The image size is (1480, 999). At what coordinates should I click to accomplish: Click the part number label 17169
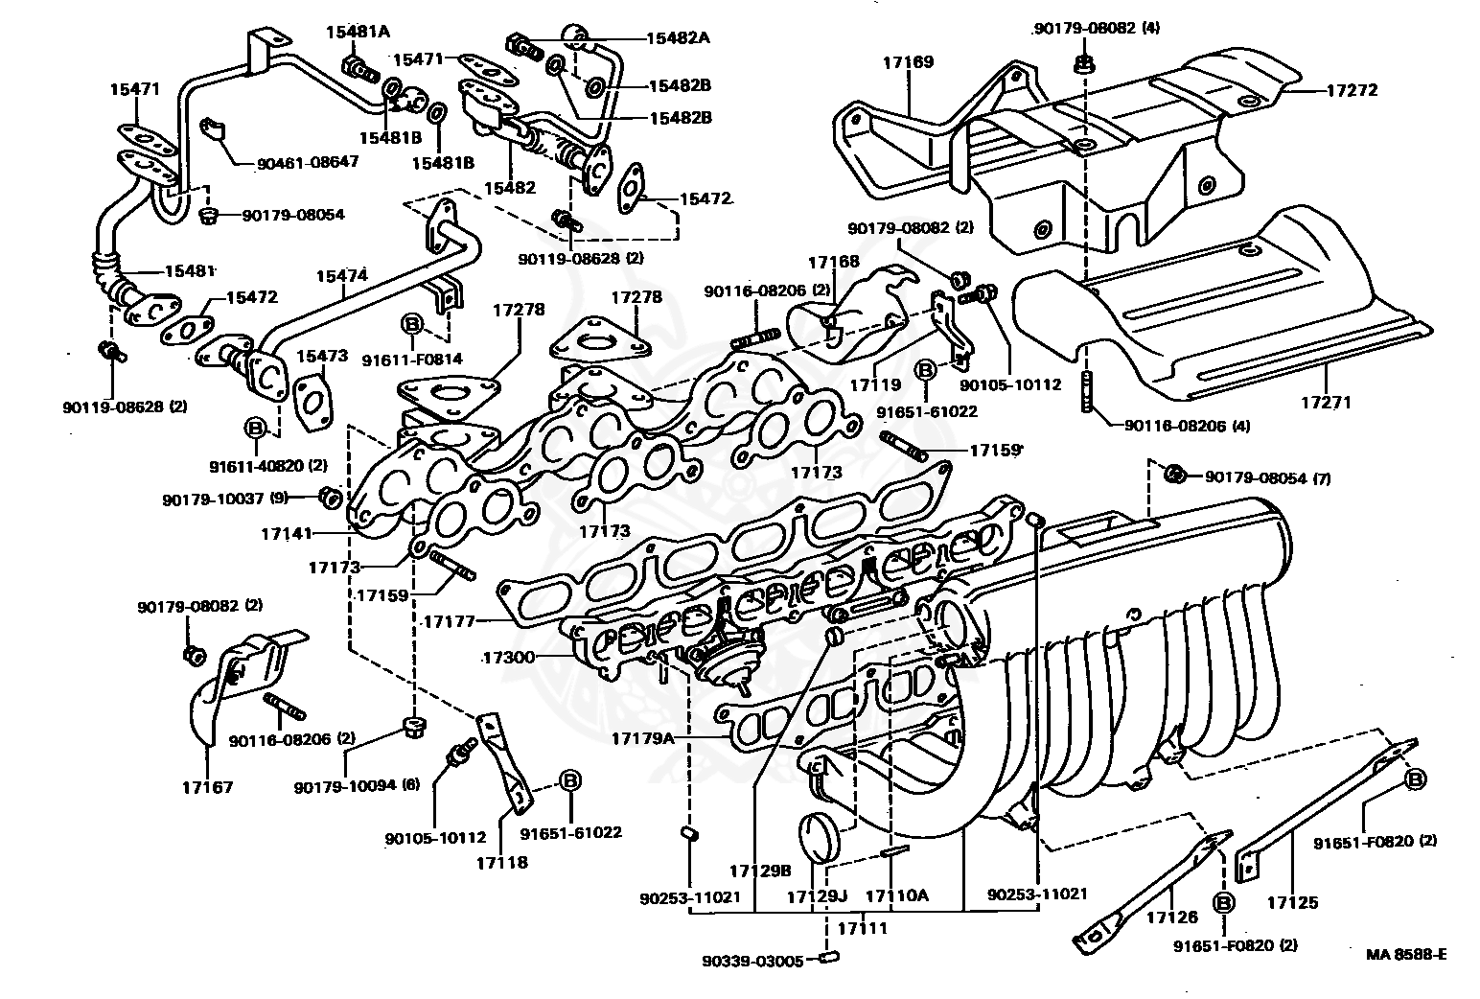coord(908,62)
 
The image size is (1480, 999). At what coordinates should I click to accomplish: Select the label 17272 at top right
coord(1352,91)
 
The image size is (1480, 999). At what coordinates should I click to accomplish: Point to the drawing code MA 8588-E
coord(1406,954)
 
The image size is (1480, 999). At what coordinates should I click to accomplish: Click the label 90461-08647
coord(307,162)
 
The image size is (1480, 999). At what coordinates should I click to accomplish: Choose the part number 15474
coord(342,275)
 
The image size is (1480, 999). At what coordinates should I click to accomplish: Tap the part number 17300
coord(507,658)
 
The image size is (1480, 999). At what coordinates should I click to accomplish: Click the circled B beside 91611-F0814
coord(411,323)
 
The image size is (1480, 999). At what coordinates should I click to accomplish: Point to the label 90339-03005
coord(752,961)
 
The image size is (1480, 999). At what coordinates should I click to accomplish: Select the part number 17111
coord(863,928)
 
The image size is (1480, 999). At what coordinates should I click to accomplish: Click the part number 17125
coord(1292,902)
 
